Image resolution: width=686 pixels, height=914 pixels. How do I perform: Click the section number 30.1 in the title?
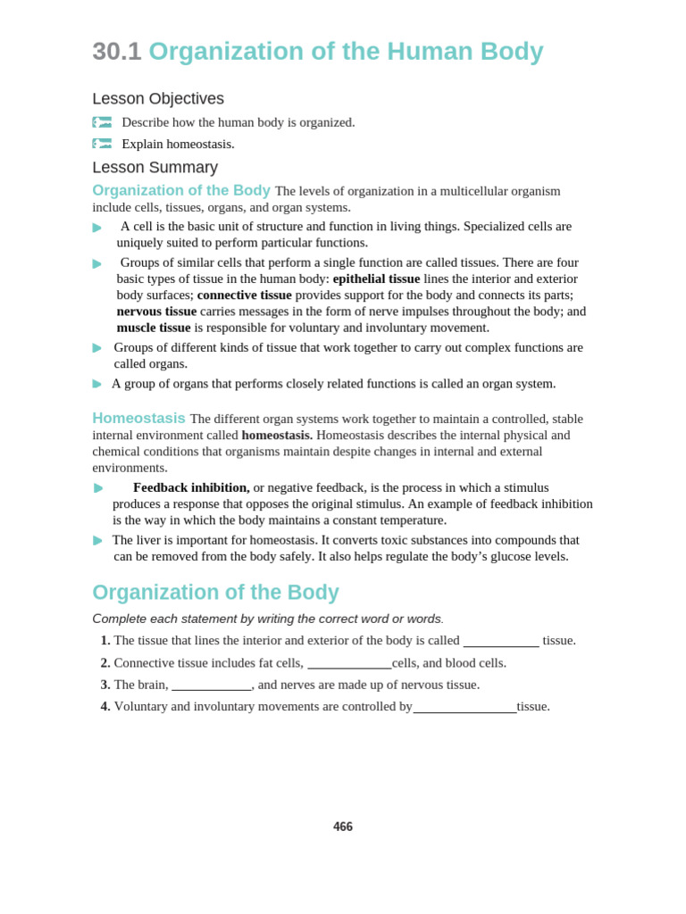(117, 52)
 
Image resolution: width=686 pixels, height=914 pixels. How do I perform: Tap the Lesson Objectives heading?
(158, 99)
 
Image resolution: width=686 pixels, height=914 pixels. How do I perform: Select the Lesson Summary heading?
(155, 168)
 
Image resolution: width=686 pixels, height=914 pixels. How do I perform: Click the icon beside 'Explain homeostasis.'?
(102, 144)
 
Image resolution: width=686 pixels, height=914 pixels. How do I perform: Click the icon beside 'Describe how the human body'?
(102, 122)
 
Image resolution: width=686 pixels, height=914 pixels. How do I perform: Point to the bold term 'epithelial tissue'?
(376, 278)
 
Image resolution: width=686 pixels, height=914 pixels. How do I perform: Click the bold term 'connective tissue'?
(244, 295)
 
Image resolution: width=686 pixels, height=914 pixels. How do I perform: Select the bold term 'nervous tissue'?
(156, 311)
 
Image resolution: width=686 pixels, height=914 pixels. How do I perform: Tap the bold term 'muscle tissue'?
(154, 328)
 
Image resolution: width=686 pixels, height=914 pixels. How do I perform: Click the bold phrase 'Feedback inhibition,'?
(191, 487)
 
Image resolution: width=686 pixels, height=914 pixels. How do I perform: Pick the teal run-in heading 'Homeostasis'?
(138, 418)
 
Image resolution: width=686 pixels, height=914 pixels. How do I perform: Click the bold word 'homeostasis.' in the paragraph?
(277, 435)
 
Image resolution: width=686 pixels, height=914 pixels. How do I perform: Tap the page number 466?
(343, 827)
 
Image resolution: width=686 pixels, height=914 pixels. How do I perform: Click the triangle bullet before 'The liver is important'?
(97, 540)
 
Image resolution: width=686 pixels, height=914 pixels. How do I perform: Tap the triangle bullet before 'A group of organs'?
(97, 384)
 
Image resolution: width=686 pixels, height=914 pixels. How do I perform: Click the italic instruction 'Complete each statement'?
(266, 619)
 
